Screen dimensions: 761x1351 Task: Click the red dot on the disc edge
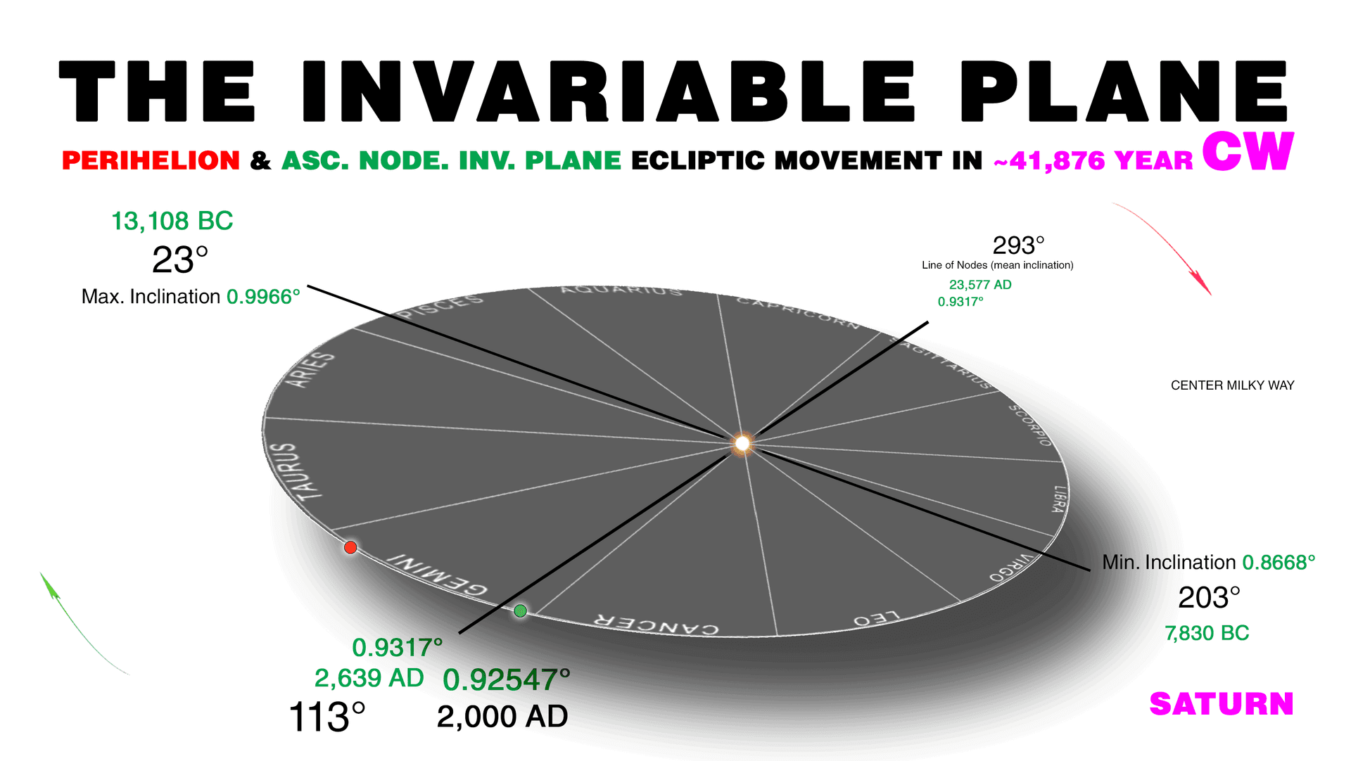(350, 547)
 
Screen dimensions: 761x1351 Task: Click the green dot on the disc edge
(520, 610)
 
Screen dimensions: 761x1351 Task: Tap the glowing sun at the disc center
(742, 444)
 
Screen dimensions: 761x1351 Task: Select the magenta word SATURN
(1222, 704)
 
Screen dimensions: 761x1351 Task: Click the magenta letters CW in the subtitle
(1248, 152)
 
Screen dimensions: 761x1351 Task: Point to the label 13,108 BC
(172, 221)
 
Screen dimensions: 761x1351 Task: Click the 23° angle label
(180, 260)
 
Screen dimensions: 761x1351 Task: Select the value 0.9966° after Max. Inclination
(263, 297)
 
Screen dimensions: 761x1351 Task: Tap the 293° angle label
(1018, 245)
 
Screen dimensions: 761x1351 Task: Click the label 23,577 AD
(980, 285)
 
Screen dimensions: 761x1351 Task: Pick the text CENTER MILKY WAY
(1232, 385)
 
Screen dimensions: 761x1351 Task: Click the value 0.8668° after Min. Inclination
(1279, 563)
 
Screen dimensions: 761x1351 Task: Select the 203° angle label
(1209, 598)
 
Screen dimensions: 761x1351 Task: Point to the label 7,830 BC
(1207, 633)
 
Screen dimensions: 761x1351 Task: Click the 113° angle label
(327, 717)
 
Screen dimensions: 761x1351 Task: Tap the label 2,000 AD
(502, 717)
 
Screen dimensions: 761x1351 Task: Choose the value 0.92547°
(507, 680)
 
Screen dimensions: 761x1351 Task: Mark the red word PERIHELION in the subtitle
(151, 160)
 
